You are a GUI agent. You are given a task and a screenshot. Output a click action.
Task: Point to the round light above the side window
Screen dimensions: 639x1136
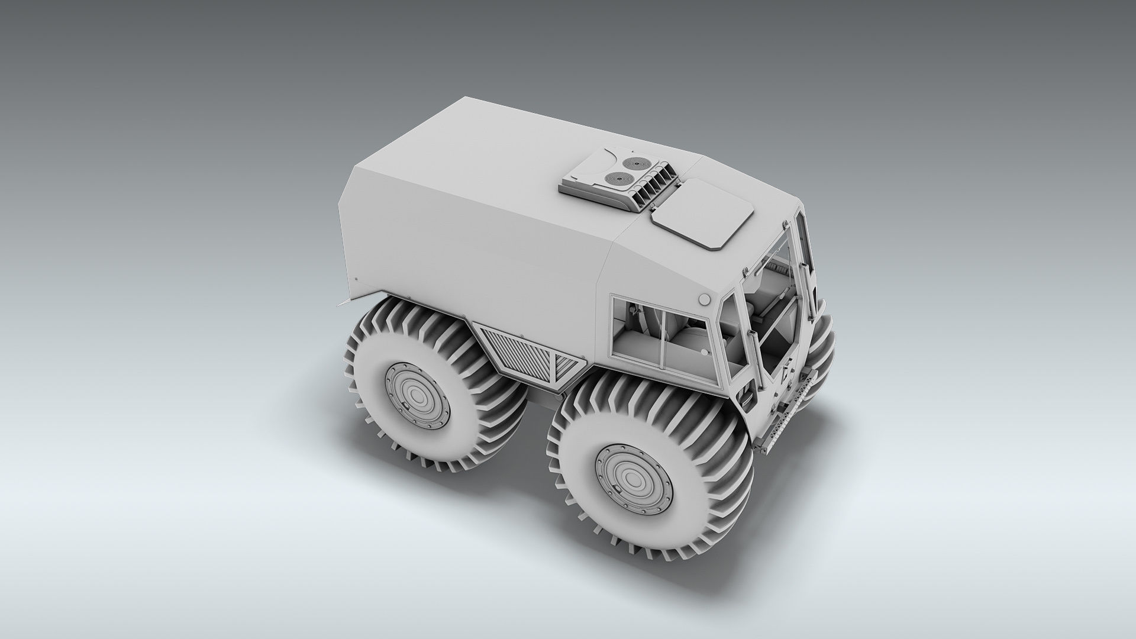pyautogui.click(x=704, y=299)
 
